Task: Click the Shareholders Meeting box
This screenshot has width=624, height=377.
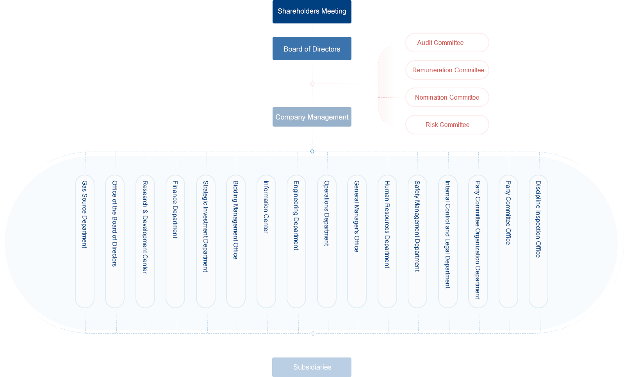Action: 312,12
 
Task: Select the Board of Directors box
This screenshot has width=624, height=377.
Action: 312,49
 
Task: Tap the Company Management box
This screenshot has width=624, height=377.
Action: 312,117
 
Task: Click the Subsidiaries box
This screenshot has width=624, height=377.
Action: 312,367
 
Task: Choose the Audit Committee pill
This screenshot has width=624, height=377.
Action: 447,43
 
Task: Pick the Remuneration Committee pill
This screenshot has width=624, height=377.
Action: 447,70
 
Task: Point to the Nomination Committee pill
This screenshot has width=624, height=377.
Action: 447,97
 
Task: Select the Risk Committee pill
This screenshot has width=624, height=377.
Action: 447,125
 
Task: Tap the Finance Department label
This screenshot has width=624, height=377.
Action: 175,209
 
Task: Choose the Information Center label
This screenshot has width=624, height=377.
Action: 266,207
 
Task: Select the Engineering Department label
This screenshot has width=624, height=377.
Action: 296,215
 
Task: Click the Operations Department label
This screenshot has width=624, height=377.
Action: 326,213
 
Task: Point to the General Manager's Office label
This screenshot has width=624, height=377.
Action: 357,216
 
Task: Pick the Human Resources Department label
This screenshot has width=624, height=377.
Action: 387,224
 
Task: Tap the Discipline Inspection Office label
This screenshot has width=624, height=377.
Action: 538,219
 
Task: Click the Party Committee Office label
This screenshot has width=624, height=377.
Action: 508,213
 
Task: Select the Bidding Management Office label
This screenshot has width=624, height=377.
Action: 235,220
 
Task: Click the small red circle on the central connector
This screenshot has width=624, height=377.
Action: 312,84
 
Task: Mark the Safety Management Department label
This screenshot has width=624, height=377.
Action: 417,226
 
